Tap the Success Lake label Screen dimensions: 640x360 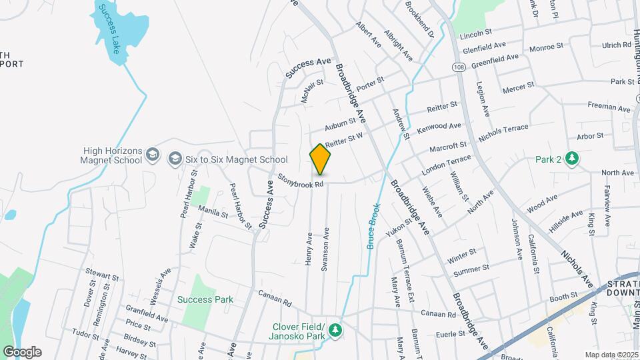(107, 31)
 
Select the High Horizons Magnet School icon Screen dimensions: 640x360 (153, 155)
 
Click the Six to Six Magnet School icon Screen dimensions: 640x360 (175, 159)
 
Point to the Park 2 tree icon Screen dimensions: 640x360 (571, 159)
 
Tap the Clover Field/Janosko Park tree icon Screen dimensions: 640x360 (337, 330)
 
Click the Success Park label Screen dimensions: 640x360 (205, 299)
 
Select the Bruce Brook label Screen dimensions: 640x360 (374, 226)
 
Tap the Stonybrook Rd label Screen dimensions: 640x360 (301, 180)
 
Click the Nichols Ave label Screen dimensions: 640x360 (577, 269)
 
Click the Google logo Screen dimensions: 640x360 (22, 352)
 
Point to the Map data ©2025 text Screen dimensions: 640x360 (611, 355)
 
